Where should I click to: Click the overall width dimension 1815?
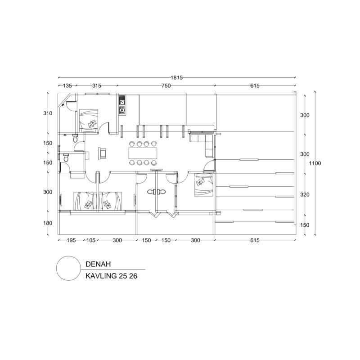[176, 77]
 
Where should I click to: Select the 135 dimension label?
[67, 85]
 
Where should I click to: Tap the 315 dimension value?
[97, 85]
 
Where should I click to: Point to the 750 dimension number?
[166, 85]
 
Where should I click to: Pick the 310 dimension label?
[48, 113]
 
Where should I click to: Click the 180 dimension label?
[48, 223]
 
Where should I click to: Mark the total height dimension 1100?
[315, 163]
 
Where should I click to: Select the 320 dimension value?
[305, 195]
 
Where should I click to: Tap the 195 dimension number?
[71, 240]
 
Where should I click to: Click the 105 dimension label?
[91, 240]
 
